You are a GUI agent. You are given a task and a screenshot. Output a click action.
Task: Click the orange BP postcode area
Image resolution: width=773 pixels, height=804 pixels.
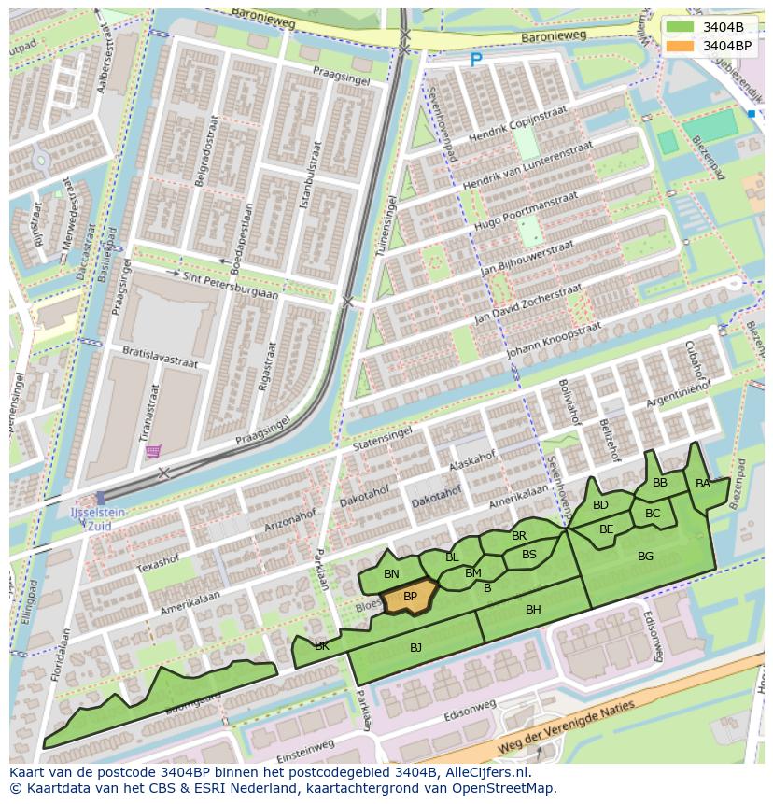click(410, 597)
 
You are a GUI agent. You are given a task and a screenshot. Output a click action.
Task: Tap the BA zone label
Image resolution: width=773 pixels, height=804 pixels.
click(703, 484)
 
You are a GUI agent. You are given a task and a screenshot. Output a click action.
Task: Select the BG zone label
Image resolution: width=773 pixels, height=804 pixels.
click(645, 557)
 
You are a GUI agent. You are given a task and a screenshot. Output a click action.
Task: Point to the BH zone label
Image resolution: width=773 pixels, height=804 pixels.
click(533, 610)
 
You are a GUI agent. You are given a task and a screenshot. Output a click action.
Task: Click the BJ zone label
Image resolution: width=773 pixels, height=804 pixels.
click(415, 647)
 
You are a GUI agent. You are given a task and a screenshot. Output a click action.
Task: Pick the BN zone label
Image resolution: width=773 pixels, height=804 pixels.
click(391, 574)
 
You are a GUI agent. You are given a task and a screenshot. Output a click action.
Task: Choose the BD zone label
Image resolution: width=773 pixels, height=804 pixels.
click(600, 505)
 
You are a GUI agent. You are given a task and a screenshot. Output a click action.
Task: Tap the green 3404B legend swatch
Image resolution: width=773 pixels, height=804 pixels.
click(680, 27)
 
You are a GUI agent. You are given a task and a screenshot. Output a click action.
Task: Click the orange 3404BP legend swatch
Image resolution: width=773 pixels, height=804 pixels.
click(680, 45)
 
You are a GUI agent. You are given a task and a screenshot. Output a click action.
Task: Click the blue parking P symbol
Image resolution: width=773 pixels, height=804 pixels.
click(476, 60)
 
